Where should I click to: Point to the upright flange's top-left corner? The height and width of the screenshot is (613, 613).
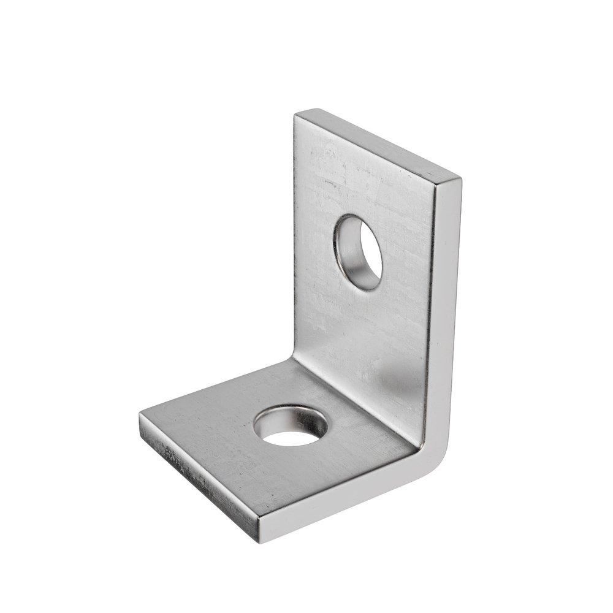click(x=297, y=114)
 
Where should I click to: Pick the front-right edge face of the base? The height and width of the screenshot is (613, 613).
click(x=343, y=503)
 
